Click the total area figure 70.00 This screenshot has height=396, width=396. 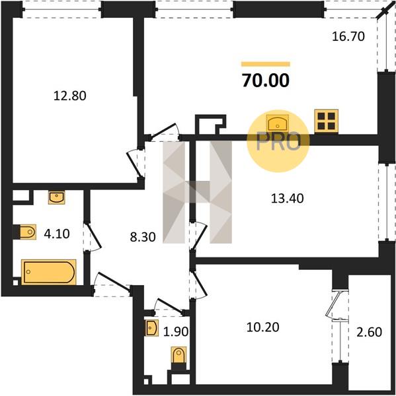(x=266, y=81)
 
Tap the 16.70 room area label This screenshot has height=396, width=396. (x=348, y=36)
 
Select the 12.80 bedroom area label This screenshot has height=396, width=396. (x=70, y=96)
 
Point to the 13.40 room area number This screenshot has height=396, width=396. (x=287, y=198)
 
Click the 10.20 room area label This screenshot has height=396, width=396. (x=263, y=327)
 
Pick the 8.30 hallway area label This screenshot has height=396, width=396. (x=143, y=237)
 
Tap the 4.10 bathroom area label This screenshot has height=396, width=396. (x=57, y=234)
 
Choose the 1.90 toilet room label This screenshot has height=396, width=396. (x=176, y=331)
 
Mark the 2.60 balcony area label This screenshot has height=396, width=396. (x=369, y=332)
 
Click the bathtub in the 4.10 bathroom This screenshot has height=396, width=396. (x=48, y=272)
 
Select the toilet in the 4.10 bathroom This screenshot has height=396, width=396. (x=25, y=232)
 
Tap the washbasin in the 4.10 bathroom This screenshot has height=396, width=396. (x=57, y=197)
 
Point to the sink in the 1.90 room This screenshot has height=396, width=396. (x=151, y=328)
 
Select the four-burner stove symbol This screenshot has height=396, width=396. (x=326, y=121)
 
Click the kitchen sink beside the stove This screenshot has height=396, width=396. (x=277, y=123)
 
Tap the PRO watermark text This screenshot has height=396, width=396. (x=278, y=142)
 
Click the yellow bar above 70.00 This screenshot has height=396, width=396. (x=266, y=64)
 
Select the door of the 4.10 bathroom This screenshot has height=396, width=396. (x=93, y=237)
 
